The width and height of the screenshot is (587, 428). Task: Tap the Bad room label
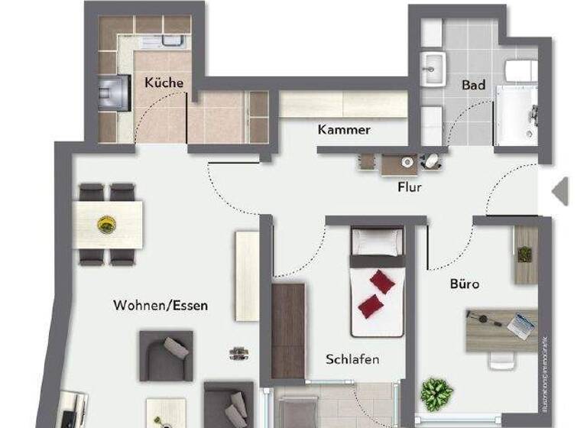click(473, 85)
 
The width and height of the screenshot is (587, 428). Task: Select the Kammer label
click(344, 130)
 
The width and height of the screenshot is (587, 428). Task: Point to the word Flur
click(409, 186)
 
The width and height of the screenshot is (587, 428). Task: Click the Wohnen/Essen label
click(161, 305)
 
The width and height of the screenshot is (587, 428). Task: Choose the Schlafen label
click(352, 359)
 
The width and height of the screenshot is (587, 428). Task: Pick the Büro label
click(465, 284)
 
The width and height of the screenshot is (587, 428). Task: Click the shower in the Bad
click(517, 115)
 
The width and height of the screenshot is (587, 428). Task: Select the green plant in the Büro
click(436, 394)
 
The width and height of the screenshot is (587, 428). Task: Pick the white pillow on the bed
click(377, 242)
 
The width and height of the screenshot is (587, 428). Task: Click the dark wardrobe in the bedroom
click(288, 330)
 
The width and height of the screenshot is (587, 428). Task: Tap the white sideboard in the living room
click(248, 276)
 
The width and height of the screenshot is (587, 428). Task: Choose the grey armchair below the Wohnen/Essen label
click(165, 355)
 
